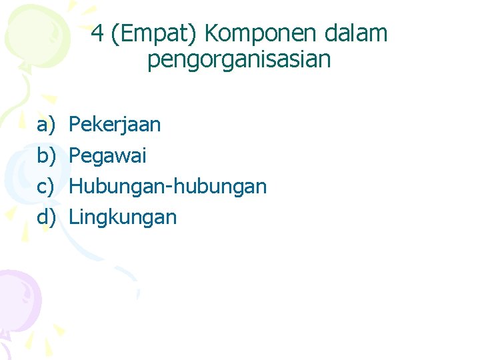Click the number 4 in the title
[97, 33]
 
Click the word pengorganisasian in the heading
[239, 60]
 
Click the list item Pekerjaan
[115, 125]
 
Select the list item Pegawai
[107, 156]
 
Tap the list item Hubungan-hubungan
[167, 187]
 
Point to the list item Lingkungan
[123, 217]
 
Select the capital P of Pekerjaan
[75, 125]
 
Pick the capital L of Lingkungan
[73, 217]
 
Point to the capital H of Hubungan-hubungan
[75, 187]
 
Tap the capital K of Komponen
[212, 33]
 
